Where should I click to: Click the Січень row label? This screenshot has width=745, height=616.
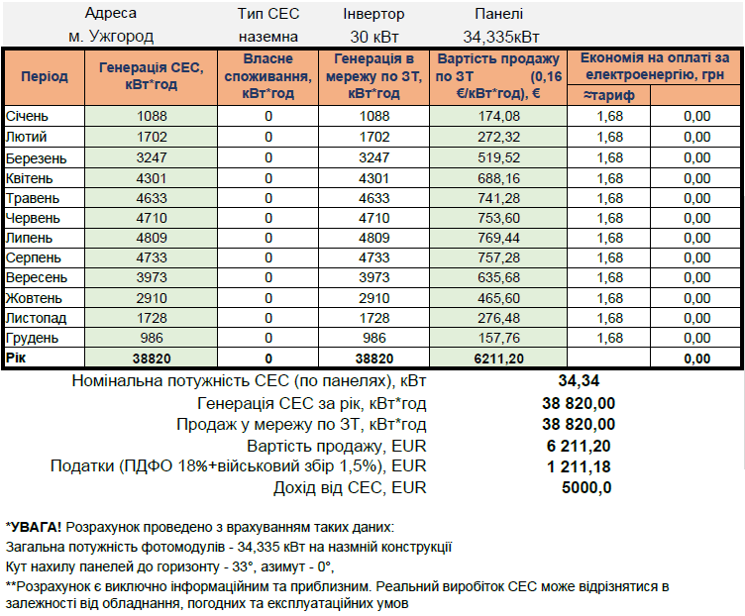(26, 116)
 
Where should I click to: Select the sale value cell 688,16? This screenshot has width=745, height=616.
(498, 178)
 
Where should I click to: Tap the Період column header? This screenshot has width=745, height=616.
(45, 76)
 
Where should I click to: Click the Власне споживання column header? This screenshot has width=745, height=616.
(267, 76)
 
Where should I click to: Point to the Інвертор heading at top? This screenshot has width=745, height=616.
(373, 14)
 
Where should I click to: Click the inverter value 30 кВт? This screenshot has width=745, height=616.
(373, 37)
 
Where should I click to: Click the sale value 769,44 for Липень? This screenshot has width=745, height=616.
(498, 238)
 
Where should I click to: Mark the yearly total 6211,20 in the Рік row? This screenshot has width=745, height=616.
(498, 359)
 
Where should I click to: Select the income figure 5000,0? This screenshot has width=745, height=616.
(585, 487)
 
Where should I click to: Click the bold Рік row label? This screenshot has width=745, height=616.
(18, 358)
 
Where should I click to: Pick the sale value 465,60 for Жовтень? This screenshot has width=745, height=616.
(498, 297)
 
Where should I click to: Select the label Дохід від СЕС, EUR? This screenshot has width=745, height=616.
(350, 487)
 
